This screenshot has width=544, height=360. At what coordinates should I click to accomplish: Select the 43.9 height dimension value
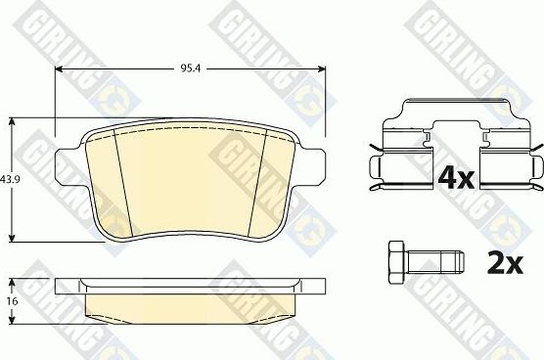click(11, 179)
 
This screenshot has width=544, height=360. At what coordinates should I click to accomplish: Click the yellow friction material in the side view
click(191, 307)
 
